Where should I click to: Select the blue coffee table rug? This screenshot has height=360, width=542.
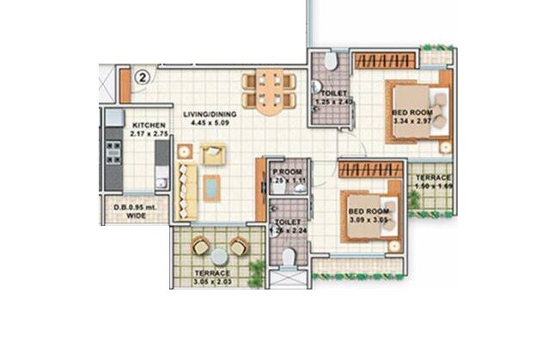tap(211, 186)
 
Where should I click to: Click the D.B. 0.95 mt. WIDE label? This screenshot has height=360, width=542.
tap(125, 211)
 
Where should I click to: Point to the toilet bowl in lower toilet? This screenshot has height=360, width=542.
tap(289, 257)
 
